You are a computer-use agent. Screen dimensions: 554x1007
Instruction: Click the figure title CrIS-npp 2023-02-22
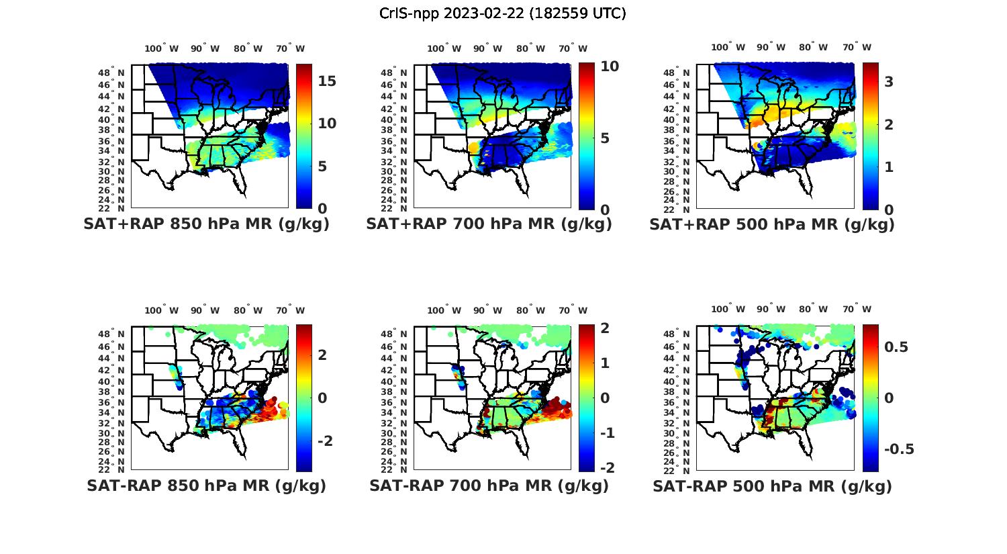click(502, 13)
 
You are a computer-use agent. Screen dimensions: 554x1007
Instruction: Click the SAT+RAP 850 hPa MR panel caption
click(206, 224)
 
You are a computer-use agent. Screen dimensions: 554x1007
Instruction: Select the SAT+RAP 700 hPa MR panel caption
click(489, 224)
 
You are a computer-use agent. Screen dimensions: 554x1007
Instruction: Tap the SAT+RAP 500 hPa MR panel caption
click(771, 224)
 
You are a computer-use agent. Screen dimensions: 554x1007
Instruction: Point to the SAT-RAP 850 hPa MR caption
click(206, 486)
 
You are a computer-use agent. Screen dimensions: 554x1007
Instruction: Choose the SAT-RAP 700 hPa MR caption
click(489, 486)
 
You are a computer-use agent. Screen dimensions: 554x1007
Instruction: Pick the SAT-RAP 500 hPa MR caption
click(772, 486)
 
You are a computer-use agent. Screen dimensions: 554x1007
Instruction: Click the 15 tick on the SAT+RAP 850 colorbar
click(327, 81)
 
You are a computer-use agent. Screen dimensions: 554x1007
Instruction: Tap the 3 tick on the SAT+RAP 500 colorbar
click(889, 81)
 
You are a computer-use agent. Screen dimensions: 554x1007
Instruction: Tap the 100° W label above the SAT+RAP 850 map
click(162, 48)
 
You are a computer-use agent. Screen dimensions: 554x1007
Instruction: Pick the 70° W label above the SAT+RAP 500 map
click(857, 47)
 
